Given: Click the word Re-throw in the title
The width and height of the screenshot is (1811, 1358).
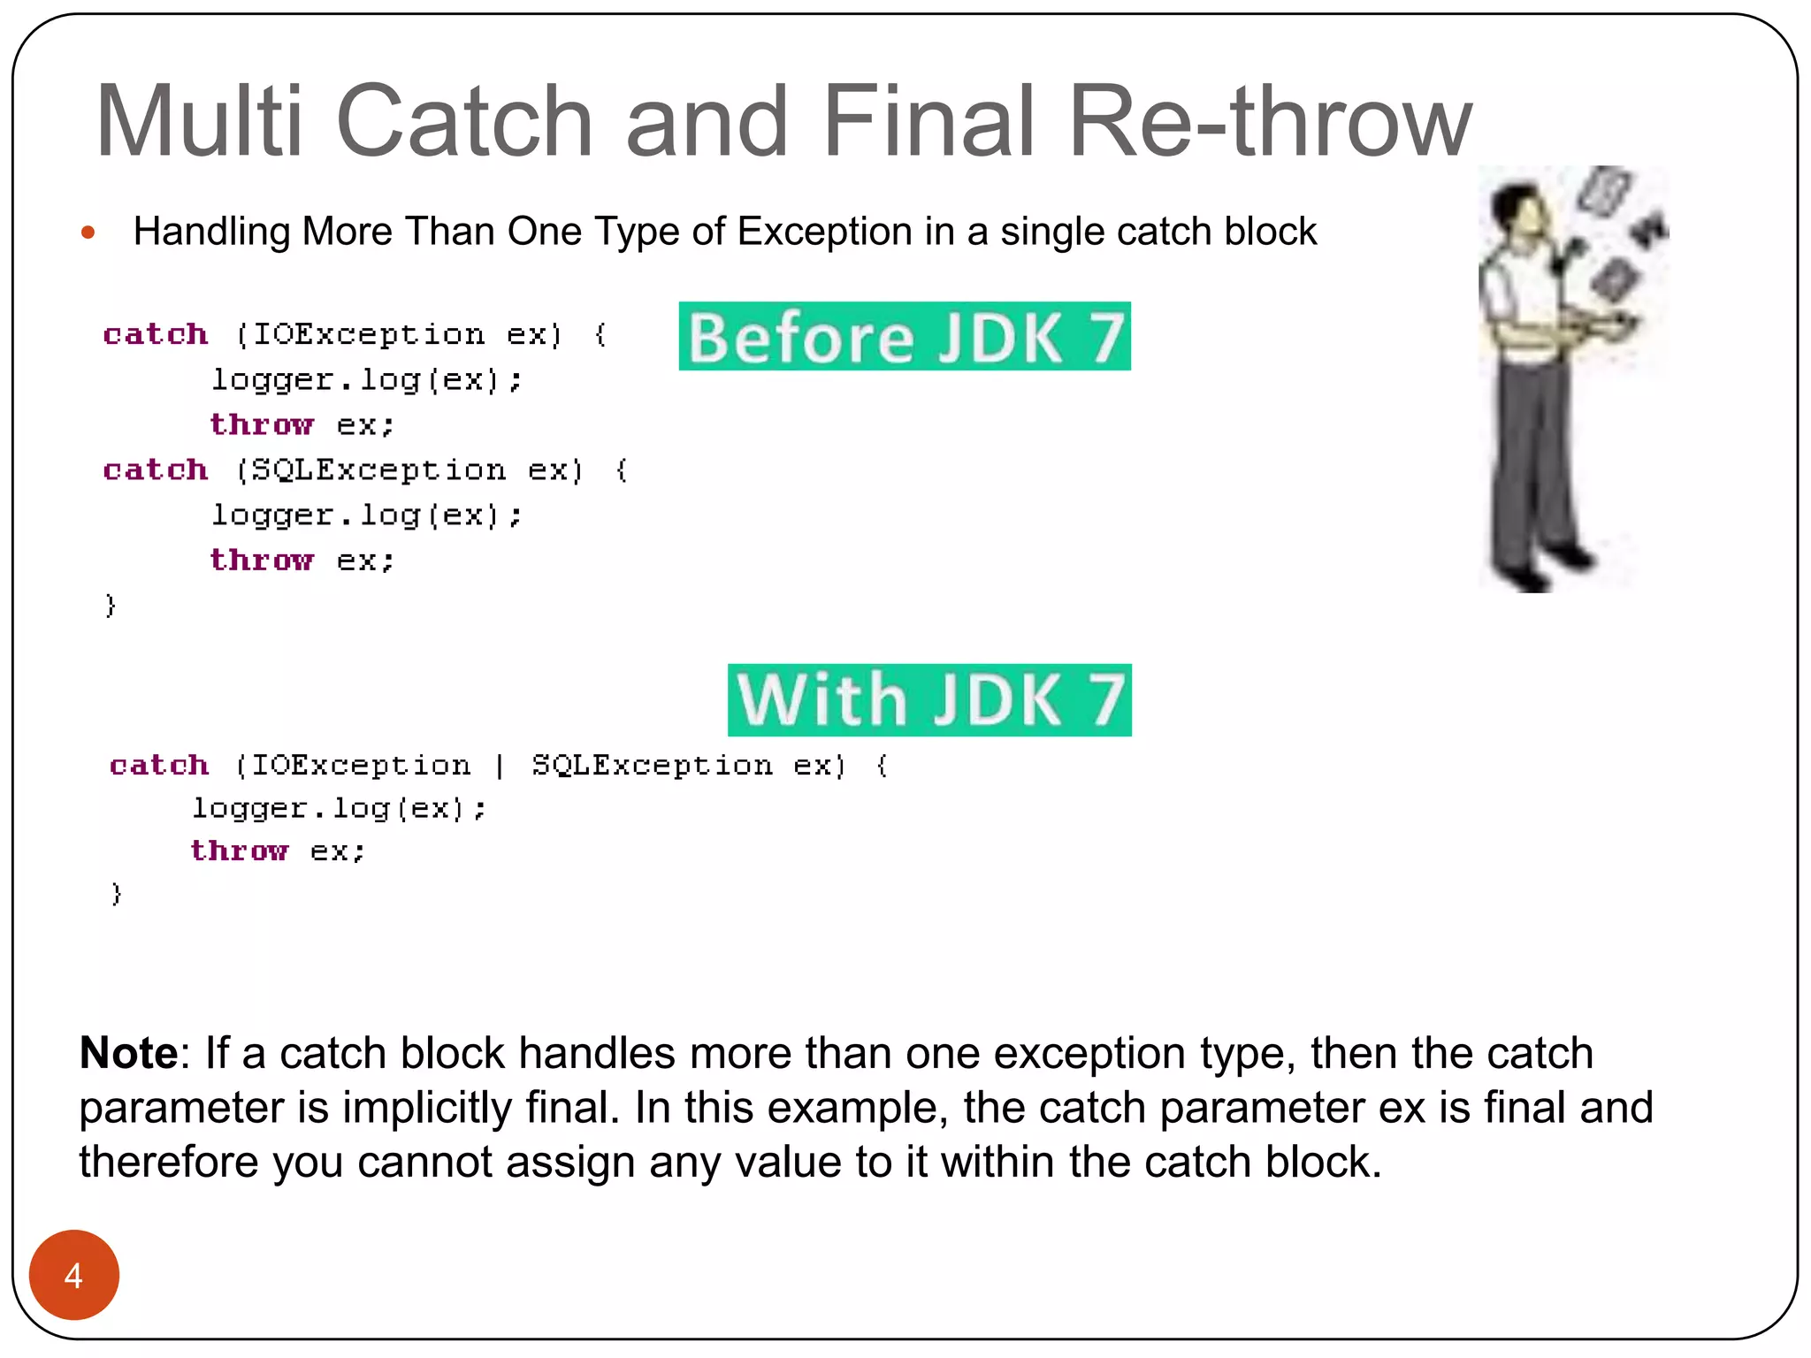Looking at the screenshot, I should (1270, 121).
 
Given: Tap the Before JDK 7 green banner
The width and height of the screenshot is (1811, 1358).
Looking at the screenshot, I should (904, 337).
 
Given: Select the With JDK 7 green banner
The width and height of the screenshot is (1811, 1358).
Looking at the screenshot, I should (928, 699).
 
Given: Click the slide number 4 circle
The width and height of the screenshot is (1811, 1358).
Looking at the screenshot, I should (74, 1275).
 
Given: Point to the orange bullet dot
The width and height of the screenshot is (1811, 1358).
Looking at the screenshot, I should (88, 233).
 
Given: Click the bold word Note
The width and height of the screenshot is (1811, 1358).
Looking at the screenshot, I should (129, 1053).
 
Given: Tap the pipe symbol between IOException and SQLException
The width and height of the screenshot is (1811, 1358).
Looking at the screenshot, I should (500, 765).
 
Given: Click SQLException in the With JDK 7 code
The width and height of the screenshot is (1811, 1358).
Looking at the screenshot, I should (652, 765).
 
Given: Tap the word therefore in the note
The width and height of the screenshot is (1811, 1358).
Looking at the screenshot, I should (168, 1162).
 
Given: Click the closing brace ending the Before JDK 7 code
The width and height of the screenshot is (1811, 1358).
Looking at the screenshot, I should (111, 606).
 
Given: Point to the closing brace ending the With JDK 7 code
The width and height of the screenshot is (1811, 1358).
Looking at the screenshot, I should (116, 894).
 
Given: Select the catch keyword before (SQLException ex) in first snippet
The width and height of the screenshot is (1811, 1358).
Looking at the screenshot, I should (156, 469).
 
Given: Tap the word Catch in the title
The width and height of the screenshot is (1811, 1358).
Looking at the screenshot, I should (463, 121).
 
